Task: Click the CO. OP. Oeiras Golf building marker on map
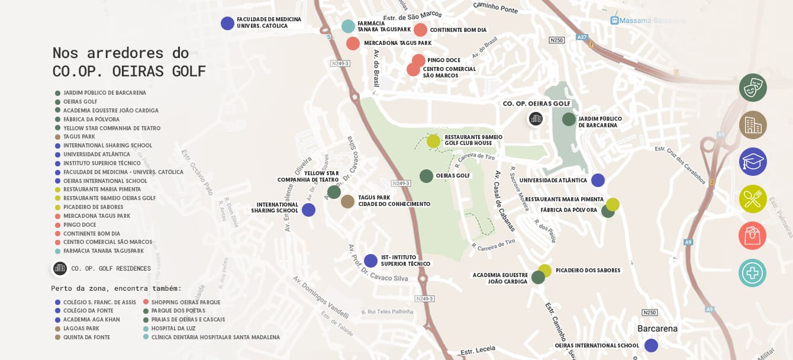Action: click(x=536, y=119)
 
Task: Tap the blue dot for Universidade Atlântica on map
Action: click(x=598, y=181)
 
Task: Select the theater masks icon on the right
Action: click(x=753, y=88)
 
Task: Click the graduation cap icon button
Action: click(x=753, y=162)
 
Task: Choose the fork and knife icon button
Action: click(x=753, y=199)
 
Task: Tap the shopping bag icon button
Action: click(x=753, y=236)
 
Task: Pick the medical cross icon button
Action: click(x=753, y=273)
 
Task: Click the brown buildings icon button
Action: click(x=753, y=125)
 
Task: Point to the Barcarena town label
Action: click(x=657, y=329)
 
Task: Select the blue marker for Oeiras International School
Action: click(x=651, y=345)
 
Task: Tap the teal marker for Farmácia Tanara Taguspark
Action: click(x=348, y=26)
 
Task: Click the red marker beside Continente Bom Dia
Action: click(x=420, y=30)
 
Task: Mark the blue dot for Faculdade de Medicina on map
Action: click(x=227, y=23)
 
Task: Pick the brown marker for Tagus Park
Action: click(x=347, y=201)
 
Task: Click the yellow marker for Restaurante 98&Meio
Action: click(x=433, y=141)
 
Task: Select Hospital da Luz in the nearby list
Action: click(x=173, y=329)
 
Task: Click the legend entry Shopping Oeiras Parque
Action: click(x=185, y=303)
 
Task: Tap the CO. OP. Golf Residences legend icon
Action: click(x=60, y=268)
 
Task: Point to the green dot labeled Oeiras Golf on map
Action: click(x=426, y=176)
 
